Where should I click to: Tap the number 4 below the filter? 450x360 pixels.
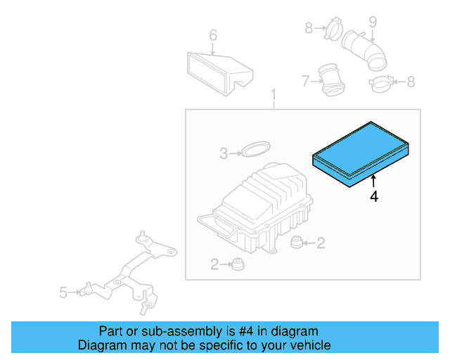click(373, 198)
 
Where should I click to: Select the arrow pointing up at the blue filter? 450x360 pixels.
click(373, 183)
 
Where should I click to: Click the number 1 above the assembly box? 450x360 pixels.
click(274, 95)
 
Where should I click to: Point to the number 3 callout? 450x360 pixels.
click(223, 153)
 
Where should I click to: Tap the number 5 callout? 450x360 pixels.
click(63, 292)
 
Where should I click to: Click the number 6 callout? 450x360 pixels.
click(213, 35)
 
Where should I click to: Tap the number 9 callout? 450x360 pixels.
click(373, 22)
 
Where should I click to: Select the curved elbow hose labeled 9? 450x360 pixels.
click(364, 51)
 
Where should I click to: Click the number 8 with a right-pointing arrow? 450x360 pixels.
click(309, 28)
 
